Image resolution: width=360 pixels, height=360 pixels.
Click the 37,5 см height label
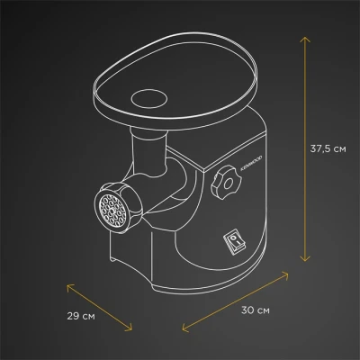coord(328,148)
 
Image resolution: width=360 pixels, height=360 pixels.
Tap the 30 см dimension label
coord(256,310)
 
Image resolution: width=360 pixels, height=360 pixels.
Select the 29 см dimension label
coord(81,316)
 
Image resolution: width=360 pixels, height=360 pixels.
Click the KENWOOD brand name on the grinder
coord(251,163)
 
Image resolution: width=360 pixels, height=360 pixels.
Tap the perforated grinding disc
coord(112,211)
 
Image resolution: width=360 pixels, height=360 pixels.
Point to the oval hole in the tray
coord(149,99)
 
